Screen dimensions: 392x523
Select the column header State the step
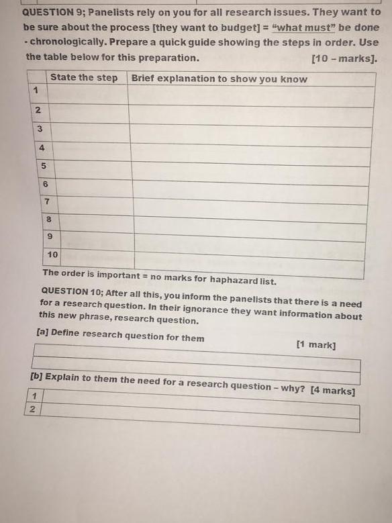coord(83,78)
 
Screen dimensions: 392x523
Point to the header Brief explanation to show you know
coord(219,79)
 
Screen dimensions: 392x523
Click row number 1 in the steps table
coord(34,90)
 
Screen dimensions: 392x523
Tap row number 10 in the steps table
coord(53,255)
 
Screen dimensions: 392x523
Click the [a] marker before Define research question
coord(42,332)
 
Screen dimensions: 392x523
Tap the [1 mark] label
coord(315,345)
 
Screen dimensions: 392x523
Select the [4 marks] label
coord(333,391)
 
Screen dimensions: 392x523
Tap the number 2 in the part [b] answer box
coord(32,409)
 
